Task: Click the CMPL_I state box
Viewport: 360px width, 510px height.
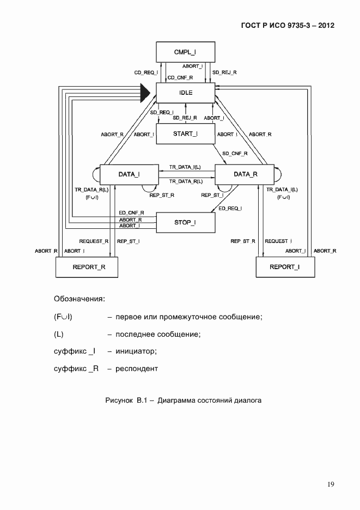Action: point(186,52)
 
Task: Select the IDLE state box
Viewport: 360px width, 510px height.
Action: point(186,93)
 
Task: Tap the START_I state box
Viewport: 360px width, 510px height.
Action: point(186,134)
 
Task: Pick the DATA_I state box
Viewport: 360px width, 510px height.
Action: point(129,174)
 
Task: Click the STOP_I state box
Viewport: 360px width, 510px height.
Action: point(186,222)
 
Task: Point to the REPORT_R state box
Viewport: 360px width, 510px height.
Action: point(87,267)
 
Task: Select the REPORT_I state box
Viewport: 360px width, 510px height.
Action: point(285,267)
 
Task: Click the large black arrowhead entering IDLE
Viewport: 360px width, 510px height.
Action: point(144,93)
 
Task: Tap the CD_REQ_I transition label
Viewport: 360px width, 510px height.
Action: point(146,72)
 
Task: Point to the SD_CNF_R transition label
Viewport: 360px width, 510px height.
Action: point(235,154)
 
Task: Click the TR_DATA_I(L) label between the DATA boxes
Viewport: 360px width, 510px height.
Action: point(185,167)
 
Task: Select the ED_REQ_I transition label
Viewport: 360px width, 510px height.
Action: point(230,208)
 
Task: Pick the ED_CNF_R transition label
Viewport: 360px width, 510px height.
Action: point(131,212)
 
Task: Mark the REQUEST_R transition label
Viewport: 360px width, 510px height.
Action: point(94,241)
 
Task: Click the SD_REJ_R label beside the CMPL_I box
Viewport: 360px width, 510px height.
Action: point(224,72)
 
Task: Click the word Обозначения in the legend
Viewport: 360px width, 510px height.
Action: point(79,299)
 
